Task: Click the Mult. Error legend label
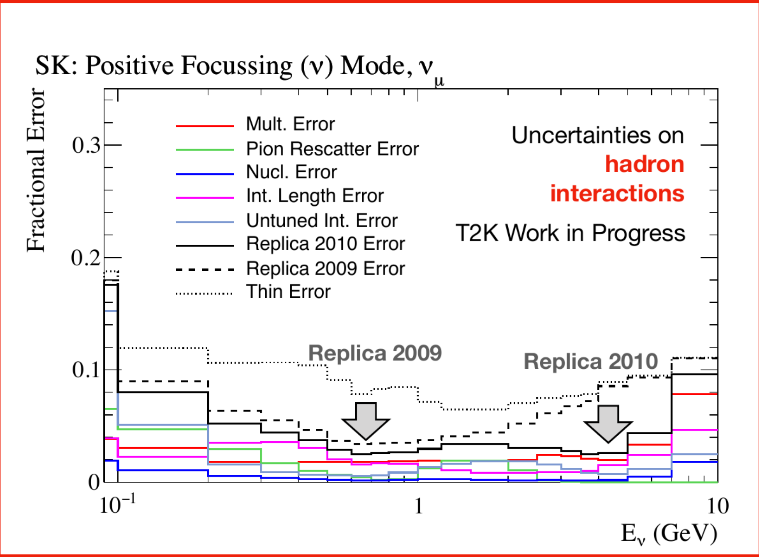coord(290,124)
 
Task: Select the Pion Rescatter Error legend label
coord(332,149)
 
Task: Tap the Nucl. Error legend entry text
coord(291,172)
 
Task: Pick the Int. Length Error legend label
coord(315,196)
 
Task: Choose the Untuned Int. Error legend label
coord(322,220)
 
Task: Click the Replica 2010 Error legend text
coord(325,244)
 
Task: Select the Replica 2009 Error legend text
coord(325,269)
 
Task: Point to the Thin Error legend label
coord(289,292)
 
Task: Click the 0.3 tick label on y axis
coord(86,146)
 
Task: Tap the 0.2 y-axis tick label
coord(86,258)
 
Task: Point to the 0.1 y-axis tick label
coord(86,370)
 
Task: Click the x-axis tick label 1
coord(419,506)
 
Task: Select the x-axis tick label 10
coord(718,506)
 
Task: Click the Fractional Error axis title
coord(36,170)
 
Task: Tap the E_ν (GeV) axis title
coord(669,534)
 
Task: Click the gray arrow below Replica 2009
coord(366,421)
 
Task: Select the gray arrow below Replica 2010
coord(608,423)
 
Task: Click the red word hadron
coord(645,164)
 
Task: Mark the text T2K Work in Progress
coord(570,233)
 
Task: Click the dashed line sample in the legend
coord(205,270)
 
